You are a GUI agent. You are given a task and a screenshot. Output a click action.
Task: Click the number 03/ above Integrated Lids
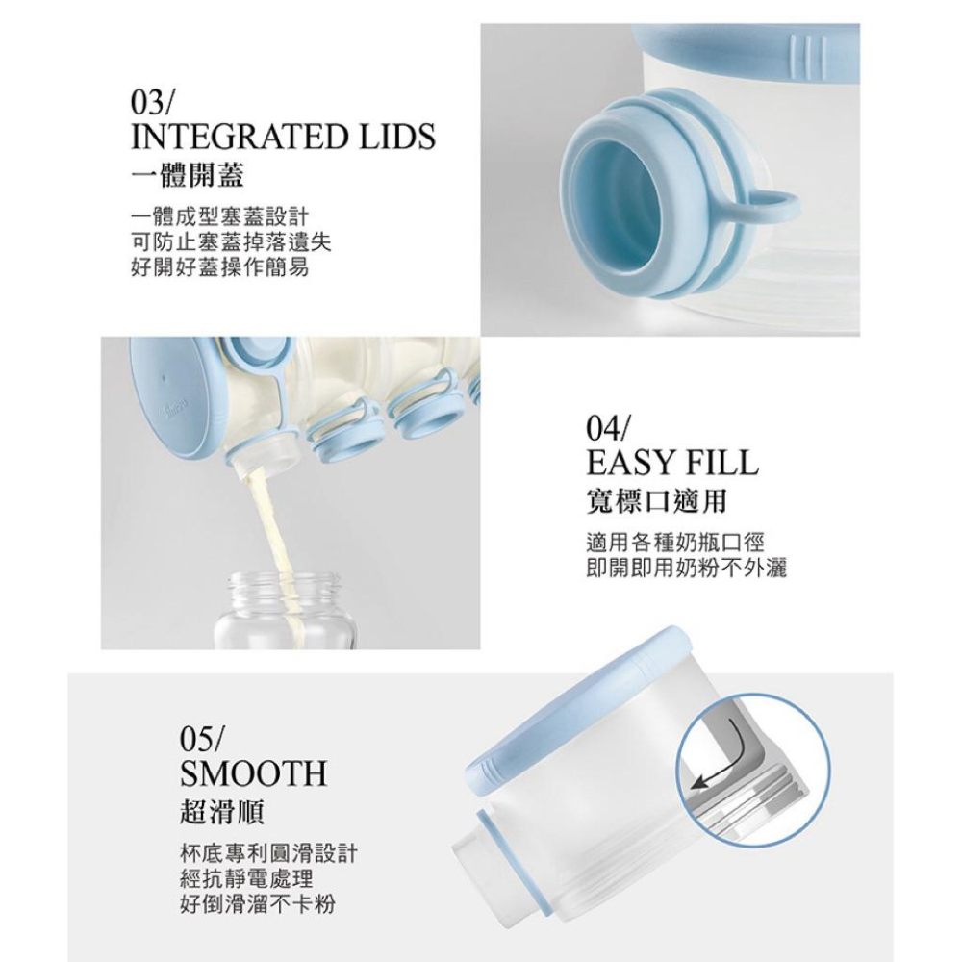point(153,101)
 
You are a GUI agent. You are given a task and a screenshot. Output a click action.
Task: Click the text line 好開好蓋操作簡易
point(219,268)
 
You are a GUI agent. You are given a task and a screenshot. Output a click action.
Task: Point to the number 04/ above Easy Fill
point(610,426)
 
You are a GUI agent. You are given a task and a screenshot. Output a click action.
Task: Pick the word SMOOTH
point(253,773)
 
